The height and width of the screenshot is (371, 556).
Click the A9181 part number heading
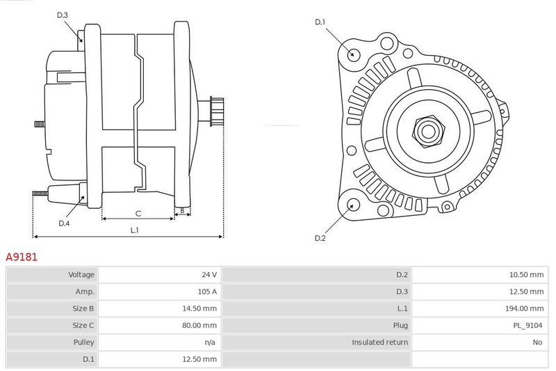tap(22, 257)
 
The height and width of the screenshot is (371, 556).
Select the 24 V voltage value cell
tap(209, 274)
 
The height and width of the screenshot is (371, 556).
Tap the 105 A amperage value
tap(207, 292)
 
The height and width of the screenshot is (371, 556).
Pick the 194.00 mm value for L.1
tap(524, 308)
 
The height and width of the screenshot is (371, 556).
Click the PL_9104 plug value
tap(528, 325)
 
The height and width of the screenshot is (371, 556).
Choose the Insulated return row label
tap(379, 342)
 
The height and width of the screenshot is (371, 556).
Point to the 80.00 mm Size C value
tap(199, 325)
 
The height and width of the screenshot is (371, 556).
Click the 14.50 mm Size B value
tap(199, 308)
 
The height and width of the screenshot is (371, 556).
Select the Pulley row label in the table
tap(83, 342)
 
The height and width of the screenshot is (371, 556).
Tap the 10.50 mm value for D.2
tap(526, 274)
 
